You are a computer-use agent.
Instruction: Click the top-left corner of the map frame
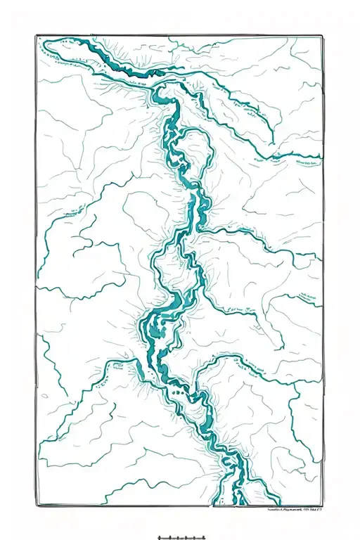click(x=34, y=36)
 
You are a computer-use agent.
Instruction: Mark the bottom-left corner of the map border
click(x=37, y=505)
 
